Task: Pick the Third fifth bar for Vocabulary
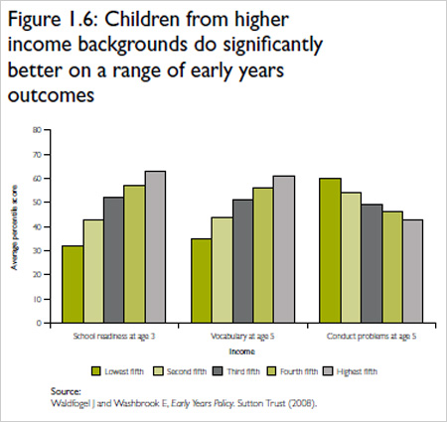(x=242, y=261)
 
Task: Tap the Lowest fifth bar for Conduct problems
(x=329, y=250)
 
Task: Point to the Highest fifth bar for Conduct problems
(x=412, y=271)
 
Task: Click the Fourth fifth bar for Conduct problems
(x=391, y=267)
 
